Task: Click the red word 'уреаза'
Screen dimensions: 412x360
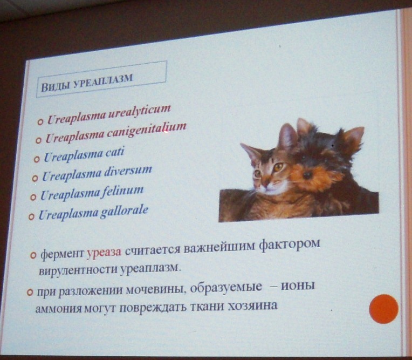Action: click(104, 252)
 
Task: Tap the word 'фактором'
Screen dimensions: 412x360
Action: click(290, 245)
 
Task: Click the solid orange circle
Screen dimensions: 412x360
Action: click(383, 309)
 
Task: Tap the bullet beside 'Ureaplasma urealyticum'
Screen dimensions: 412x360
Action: click(40, 122)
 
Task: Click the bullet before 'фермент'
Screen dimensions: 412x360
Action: click(33, 255)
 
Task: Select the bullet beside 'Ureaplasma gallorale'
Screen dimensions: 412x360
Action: click(31, 217)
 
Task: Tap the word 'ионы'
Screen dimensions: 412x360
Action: click(298, 286)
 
